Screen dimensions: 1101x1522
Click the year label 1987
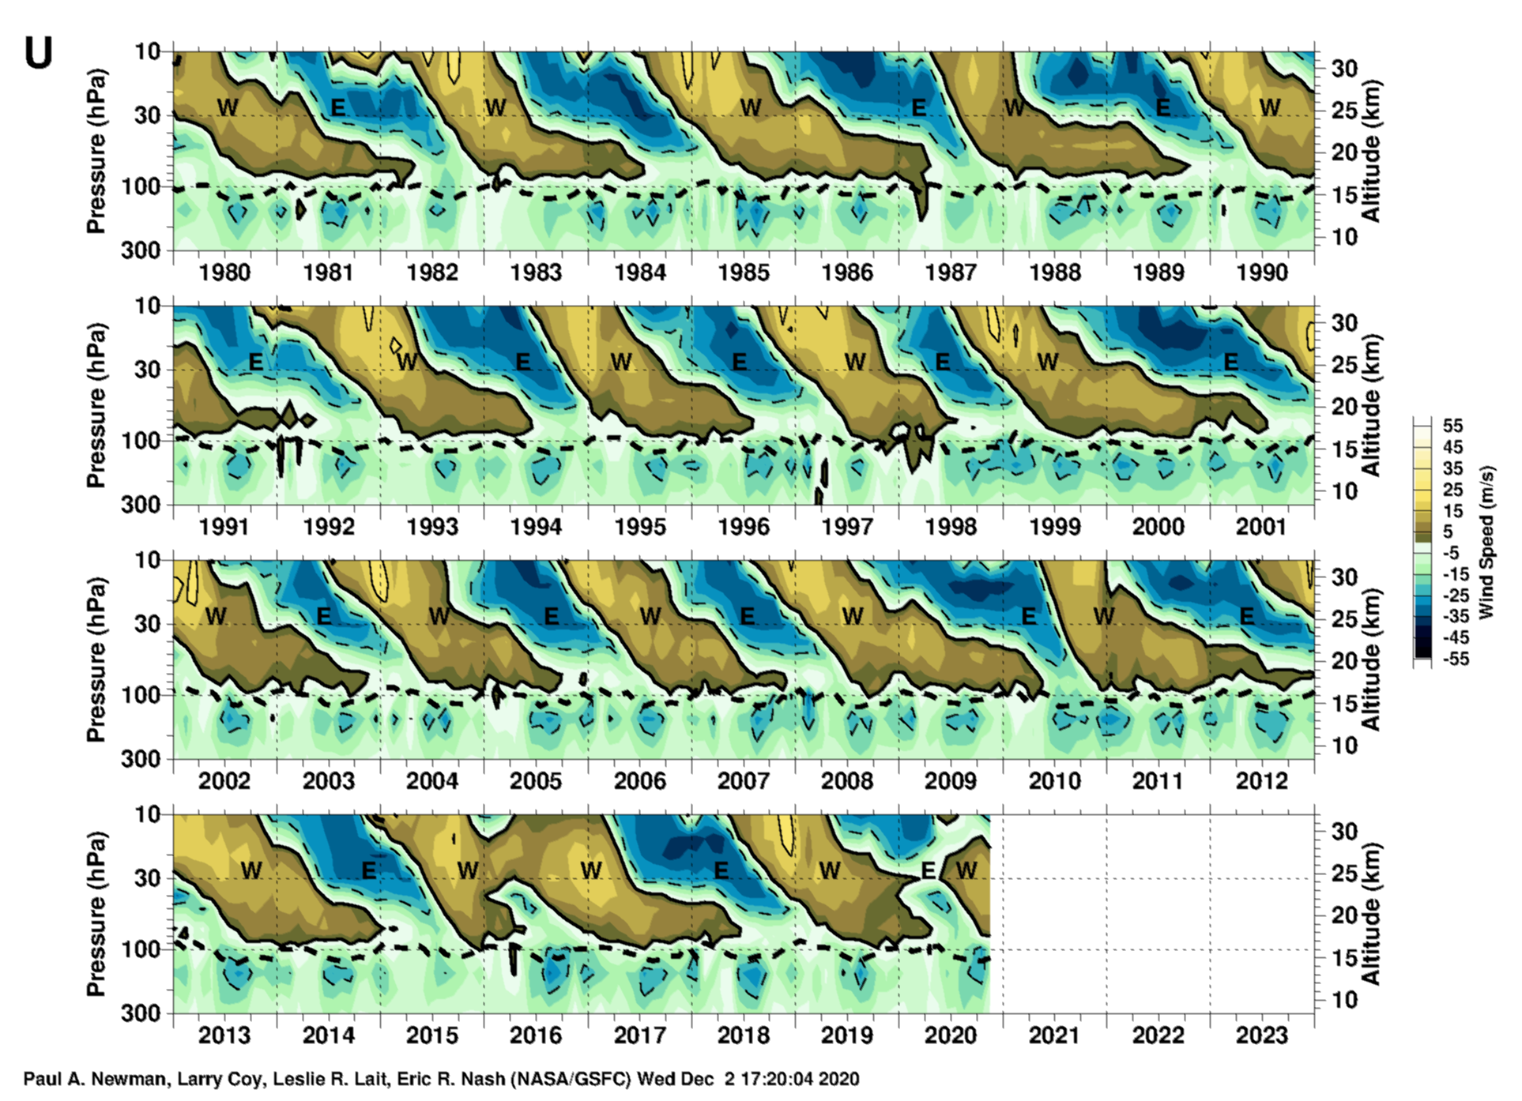pyautogui.click(x=951, y=272)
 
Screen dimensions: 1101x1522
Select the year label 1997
pyautogui.click(x=847, y=527)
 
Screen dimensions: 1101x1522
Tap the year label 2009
pyautogui.click(x=951, y=781)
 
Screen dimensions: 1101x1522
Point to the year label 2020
pyautogui.click(x=951, y=1035)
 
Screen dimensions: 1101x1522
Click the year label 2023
pyautogui.click(x=1262, y=1035)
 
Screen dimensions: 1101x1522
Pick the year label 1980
pyautogui.click(x=224, y=272)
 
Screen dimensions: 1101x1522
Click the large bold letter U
pyautogui.click(x=39, y=54)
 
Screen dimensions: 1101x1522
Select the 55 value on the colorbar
pyautogui.click(x=1452, y=426)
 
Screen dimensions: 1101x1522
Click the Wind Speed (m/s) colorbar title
pyautogui.click(x=1486, y=542)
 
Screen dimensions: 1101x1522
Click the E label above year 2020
pyautogui.click(x=929, y=870)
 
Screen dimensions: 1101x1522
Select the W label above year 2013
pyautogui.click(x=251, y=870)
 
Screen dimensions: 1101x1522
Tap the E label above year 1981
pyautogui.click(x=337, y=107)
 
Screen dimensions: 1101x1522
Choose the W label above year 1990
pyautogui.click(x=1269, y=107)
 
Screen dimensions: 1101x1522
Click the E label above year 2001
pyautogui.click(x=1230, y=362)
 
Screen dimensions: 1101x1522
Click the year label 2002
pyautogui.click(x=224, y=781)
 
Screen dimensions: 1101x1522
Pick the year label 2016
pyautogui.click(x=536, y=1035)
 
